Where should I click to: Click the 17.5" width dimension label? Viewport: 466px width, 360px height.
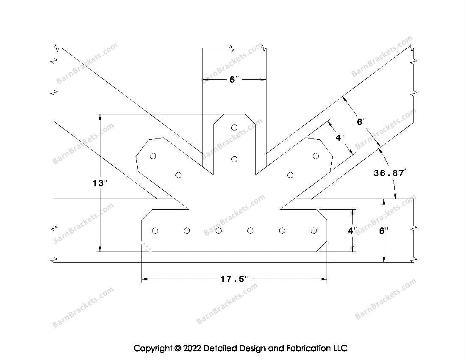click(x=234, y=280)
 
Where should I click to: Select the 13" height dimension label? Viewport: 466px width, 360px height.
click(x=100, y=183)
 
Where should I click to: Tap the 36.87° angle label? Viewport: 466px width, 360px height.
click(x=390, y=173)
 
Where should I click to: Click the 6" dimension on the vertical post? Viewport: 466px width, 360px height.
click(x=234, y=80)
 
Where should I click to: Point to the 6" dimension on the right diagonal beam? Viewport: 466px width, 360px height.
click(x=361, y=122)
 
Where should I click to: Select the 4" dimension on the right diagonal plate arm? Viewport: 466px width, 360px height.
click(x=340, y=138)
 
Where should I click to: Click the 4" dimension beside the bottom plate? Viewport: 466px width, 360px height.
click(x=352, y=231)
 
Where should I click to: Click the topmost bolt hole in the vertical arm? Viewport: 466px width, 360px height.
click(x=234, y=127)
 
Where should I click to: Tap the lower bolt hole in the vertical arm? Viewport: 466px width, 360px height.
click(x=234, y=159)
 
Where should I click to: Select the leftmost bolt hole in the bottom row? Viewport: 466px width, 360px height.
click(x=155, y=230)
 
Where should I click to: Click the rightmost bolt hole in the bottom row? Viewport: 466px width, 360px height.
click(x=313, y=230)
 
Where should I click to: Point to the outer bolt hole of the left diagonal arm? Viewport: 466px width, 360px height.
click(x=153, y=156)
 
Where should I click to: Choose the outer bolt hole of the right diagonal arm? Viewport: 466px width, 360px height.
click(x=316, y=156)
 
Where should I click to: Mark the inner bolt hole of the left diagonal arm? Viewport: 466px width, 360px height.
click(x=178, y=175)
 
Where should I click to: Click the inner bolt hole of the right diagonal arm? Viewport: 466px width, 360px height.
click(x=290, y=175)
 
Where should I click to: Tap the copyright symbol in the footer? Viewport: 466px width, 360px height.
click(x=177, y=349)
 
